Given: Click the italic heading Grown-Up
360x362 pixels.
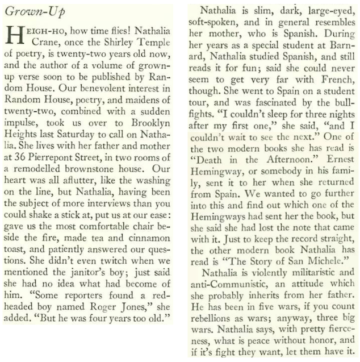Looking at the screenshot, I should [x=27, y=11].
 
